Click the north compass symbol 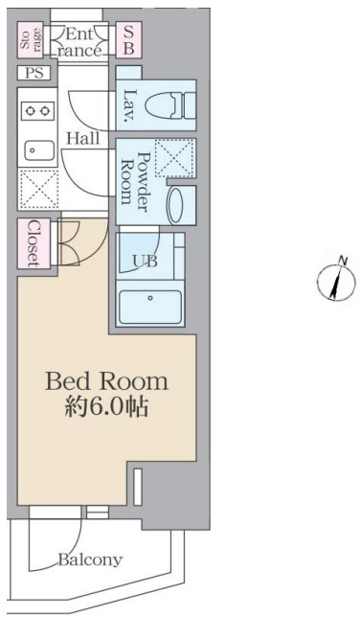point(336,280)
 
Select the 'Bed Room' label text point(106,381)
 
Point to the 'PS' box point(34,73)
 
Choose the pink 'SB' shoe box point(129,39)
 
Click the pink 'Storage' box point(31,39)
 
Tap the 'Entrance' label point(79,42)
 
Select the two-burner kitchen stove point(37,110)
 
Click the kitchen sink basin point(39,150)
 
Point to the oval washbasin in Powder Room point(175,205)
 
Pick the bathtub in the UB point(150,307)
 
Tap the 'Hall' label point(83,138)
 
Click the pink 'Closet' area point(34,243)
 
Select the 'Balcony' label point(90,560)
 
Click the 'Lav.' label point(129,105)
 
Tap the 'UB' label point(145,262)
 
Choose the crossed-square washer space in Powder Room point(174,159)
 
